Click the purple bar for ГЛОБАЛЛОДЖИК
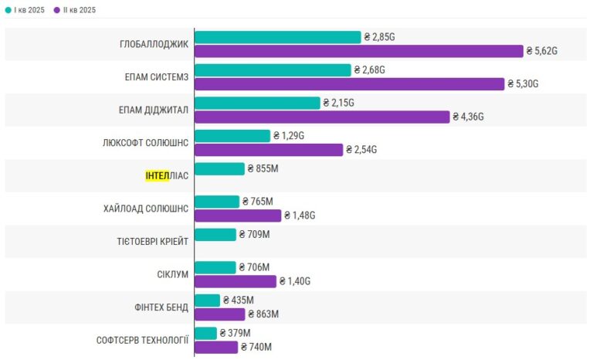pyautogui.click(x=359, y=51)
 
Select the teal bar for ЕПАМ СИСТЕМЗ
pyautogui.click(x=273, y=70)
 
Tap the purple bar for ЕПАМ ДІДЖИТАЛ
pyautogui.click(x=322, y=117)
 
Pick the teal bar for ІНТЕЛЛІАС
pyautogui.click(x=220, y=169)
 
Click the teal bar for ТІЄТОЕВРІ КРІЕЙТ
pyautogui.click(x=215, y=235)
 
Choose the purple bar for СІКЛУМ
pyautogui.click(x=236, y=282)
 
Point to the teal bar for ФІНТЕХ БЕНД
pyautogui.click(x=207, y=301)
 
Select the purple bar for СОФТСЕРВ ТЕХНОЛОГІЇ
pyautogui.click(x=216, y=348)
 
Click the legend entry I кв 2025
pyautogui.click(x=25, y=10)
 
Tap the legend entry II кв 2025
pyautogui.click(x=75, y=10)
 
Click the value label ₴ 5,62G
pyautogui.click(x=542, y=51)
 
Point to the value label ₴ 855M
pyautogui.click(x=263, y=169)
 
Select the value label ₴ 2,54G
pyautogui.click(x=361, y=150)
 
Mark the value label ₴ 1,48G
pyautogui.click(x=300, y=216)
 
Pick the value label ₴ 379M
pyautogui.click(x=235, y=334)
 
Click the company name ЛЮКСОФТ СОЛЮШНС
pyautogui.click(x=146, y=143)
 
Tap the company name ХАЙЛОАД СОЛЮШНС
pyautogui.click(x=146, y=209)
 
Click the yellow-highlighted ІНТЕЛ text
pyautogui.click(x=158, y=176)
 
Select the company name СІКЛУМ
pyautogui.click(x=173, y=275)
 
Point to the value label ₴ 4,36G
pyautogui.click(x=468, y=117)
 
